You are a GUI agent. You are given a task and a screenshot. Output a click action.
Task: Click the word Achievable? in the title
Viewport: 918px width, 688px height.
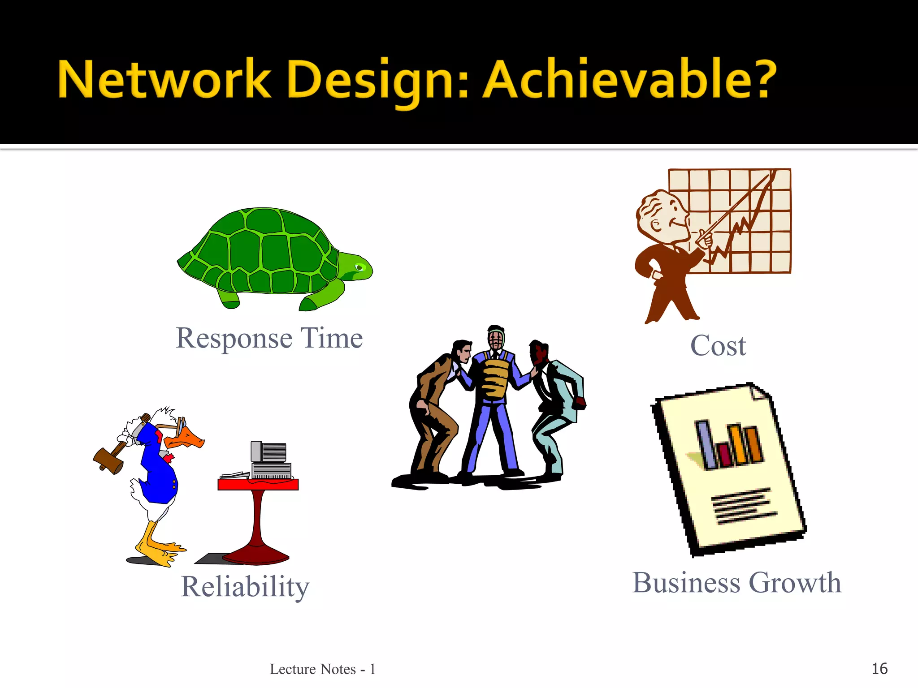[x=630, y=80]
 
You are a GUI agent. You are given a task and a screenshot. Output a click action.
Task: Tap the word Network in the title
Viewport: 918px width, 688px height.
[x=164, y=80]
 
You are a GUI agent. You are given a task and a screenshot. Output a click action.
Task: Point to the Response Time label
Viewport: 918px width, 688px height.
[x=269, y=338]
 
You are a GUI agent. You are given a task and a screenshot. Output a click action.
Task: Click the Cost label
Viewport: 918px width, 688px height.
[x=718, y=346]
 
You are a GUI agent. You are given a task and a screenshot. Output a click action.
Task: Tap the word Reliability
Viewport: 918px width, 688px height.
[x=245, y=587]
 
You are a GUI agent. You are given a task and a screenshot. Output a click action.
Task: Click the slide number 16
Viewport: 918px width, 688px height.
[x=879, y=669]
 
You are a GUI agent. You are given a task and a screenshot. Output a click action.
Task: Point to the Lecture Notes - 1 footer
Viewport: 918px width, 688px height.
[x=322, y=669]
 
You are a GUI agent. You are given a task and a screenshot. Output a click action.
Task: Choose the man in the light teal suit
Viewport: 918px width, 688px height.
[x=556, y=403]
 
